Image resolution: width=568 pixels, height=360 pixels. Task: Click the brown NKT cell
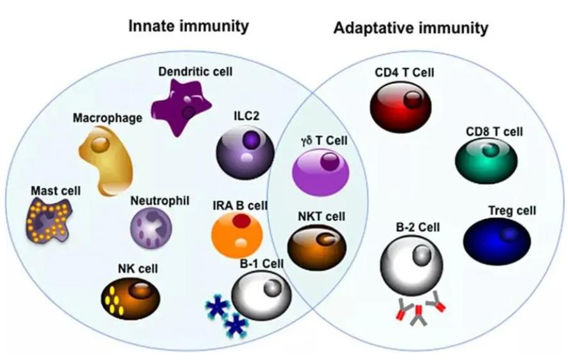(x=316, y=247)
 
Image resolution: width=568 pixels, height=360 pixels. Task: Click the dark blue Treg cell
(x=497, y=241)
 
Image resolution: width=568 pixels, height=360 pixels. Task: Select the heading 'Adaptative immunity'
(x=411, y=28)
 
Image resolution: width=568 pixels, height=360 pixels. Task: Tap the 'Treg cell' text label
(x=512, y=210)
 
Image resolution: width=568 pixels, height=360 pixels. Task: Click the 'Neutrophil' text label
(x=159, y=200)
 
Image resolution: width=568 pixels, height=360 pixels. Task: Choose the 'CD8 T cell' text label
(x=494, y=132)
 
